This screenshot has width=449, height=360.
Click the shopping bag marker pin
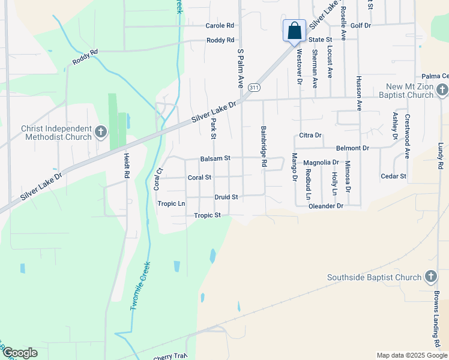click(x=294, y=31)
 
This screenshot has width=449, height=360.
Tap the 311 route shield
click(x=255, y=87)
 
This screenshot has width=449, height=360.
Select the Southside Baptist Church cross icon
click(x=430, y=277)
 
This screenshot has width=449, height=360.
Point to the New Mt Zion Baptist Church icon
click(x=442, y=90)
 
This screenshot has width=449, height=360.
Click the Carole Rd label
click(x=219, y=26)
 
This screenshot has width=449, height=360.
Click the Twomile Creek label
click(x=139, y=285)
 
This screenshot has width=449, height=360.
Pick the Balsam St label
click(x=215, y=158)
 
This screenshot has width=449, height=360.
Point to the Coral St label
click(x=199, y=178)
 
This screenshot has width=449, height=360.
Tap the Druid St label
click(x=226, y=197)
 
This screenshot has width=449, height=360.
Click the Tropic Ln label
click(x=171, y=203)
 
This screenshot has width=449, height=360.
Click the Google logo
click(x=20, y=353)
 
